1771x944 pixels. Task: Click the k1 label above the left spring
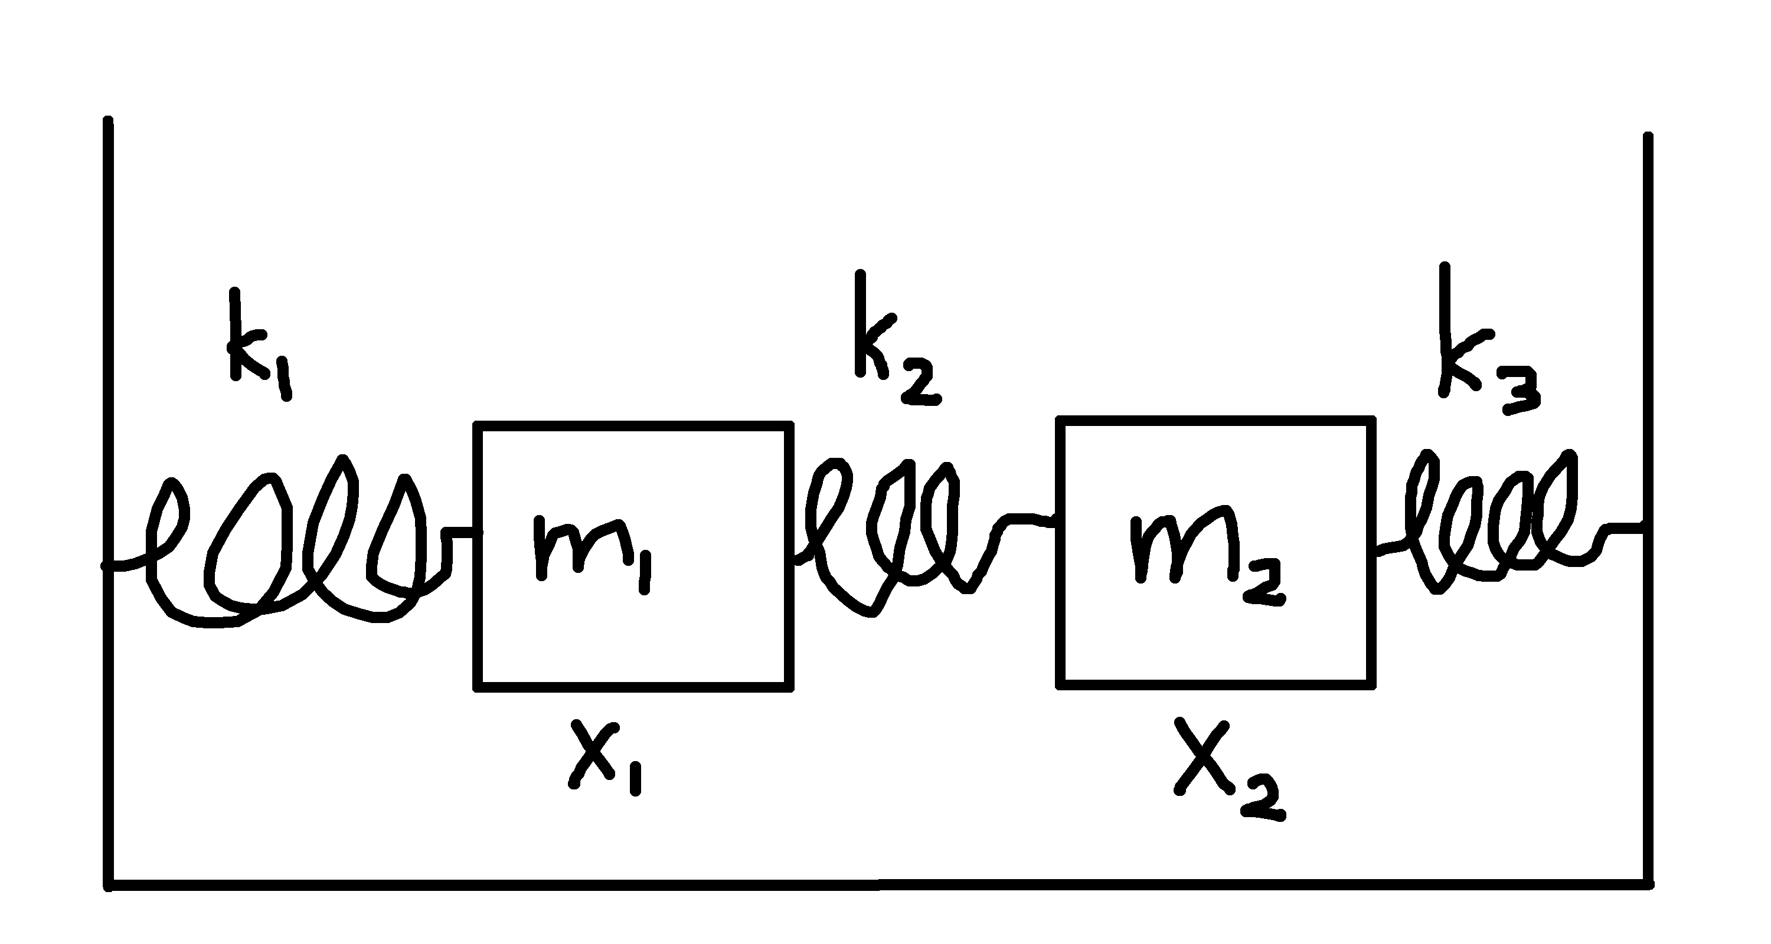tap(258, 343)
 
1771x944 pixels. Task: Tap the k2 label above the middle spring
tap(894, 340)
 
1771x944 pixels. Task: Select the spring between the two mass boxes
tap(894, 536)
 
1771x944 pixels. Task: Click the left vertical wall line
tap(108, 481)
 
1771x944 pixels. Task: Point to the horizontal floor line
tap(880, 884)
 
